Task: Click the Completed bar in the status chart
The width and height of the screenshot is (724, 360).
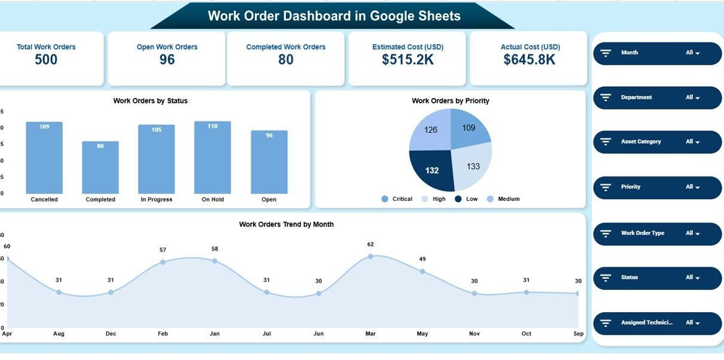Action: (x=100, y=168)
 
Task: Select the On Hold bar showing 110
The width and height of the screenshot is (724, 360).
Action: (x=212, y=158)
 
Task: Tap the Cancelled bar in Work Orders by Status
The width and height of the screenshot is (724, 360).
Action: (x=44, y=158)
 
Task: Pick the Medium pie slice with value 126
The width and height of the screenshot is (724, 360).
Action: (x=430, y=130)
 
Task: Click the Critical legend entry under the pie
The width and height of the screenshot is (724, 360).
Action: (x=397, y=199)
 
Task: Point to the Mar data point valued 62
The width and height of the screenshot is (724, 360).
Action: (x=370, y=256)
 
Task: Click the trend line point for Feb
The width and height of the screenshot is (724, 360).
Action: (x=163, y=262)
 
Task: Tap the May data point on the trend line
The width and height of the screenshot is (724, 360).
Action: (x=422, y=271)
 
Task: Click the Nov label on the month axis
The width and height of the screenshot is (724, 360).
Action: (x=474, y=334)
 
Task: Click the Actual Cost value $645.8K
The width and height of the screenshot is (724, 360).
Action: (x=529, y=60)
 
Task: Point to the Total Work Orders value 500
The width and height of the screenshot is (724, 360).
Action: (x=46, y=60)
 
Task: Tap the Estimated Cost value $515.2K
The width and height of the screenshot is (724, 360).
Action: (x=407, y=60)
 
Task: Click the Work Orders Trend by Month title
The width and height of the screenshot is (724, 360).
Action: (x=286, y=224)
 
